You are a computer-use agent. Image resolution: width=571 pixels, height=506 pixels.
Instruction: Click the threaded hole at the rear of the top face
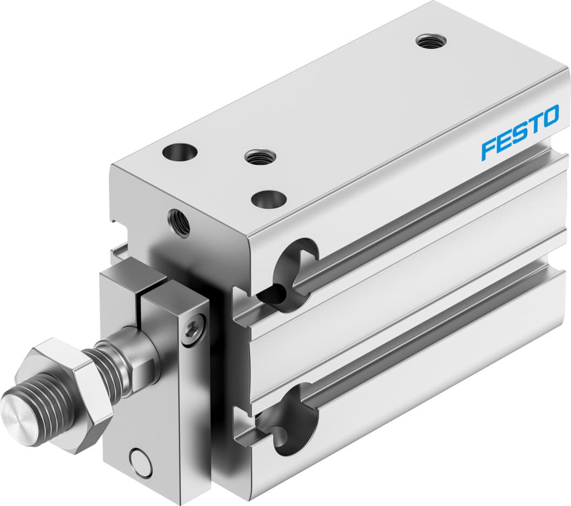430,41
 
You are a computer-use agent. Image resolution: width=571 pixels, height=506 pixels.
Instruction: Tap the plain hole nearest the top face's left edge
179,152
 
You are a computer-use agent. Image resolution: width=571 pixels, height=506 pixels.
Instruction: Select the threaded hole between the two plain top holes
260,157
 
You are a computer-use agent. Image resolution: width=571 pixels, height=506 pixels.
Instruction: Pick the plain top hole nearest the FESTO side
269,199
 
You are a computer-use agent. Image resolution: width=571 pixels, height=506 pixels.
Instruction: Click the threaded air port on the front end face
179,222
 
